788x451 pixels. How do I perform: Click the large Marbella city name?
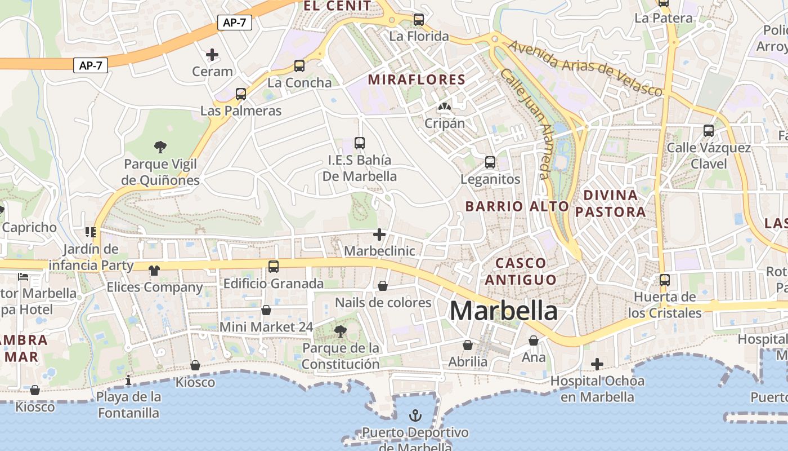click(503, 311)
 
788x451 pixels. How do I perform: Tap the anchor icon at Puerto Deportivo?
click(415, 416)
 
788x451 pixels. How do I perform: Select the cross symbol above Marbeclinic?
click(379, 234)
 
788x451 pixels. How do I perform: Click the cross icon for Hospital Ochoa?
click(597, 364)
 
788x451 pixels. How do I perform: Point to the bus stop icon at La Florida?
click(418, 20)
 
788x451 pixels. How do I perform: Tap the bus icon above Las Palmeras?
click(241, 94)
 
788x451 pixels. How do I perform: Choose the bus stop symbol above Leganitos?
click(490, 162)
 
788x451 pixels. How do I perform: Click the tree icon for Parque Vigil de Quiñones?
click(160, 147)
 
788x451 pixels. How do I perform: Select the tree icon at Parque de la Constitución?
click(340, 331)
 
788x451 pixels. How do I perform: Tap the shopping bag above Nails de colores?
click(383, 286)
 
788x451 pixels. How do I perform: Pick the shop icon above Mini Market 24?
click(266, 310)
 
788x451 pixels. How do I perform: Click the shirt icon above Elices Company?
click(154, 271)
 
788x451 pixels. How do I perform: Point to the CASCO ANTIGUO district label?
click(521, 271)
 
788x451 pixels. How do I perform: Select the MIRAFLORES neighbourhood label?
click(417, 79)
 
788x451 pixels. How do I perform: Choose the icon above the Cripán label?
click(445, 106)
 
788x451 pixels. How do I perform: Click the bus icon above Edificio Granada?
click(274, 266)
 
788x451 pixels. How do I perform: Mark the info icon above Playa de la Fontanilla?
click(128, 380)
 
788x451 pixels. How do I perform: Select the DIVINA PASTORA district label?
click(611, 204)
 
